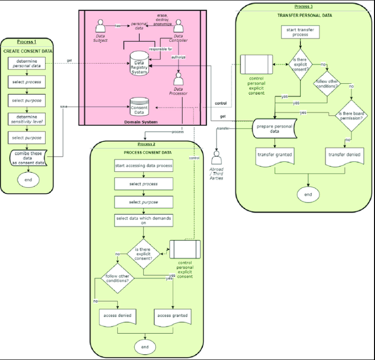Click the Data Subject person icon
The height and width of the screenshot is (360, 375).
(x=101, y=26)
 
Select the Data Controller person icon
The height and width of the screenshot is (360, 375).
(x=178, y=27)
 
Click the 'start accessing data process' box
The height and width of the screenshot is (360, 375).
(x=144, y=166)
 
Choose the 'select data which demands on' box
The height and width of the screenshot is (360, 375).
(x=144, y=220)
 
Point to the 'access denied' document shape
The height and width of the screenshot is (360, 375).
(x=116, y=317)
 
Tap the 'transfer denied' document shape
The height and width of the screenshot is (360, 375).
(x=343, y=156)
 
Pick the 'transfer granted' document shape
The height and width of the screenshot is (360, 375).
(x=275, y=156)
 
